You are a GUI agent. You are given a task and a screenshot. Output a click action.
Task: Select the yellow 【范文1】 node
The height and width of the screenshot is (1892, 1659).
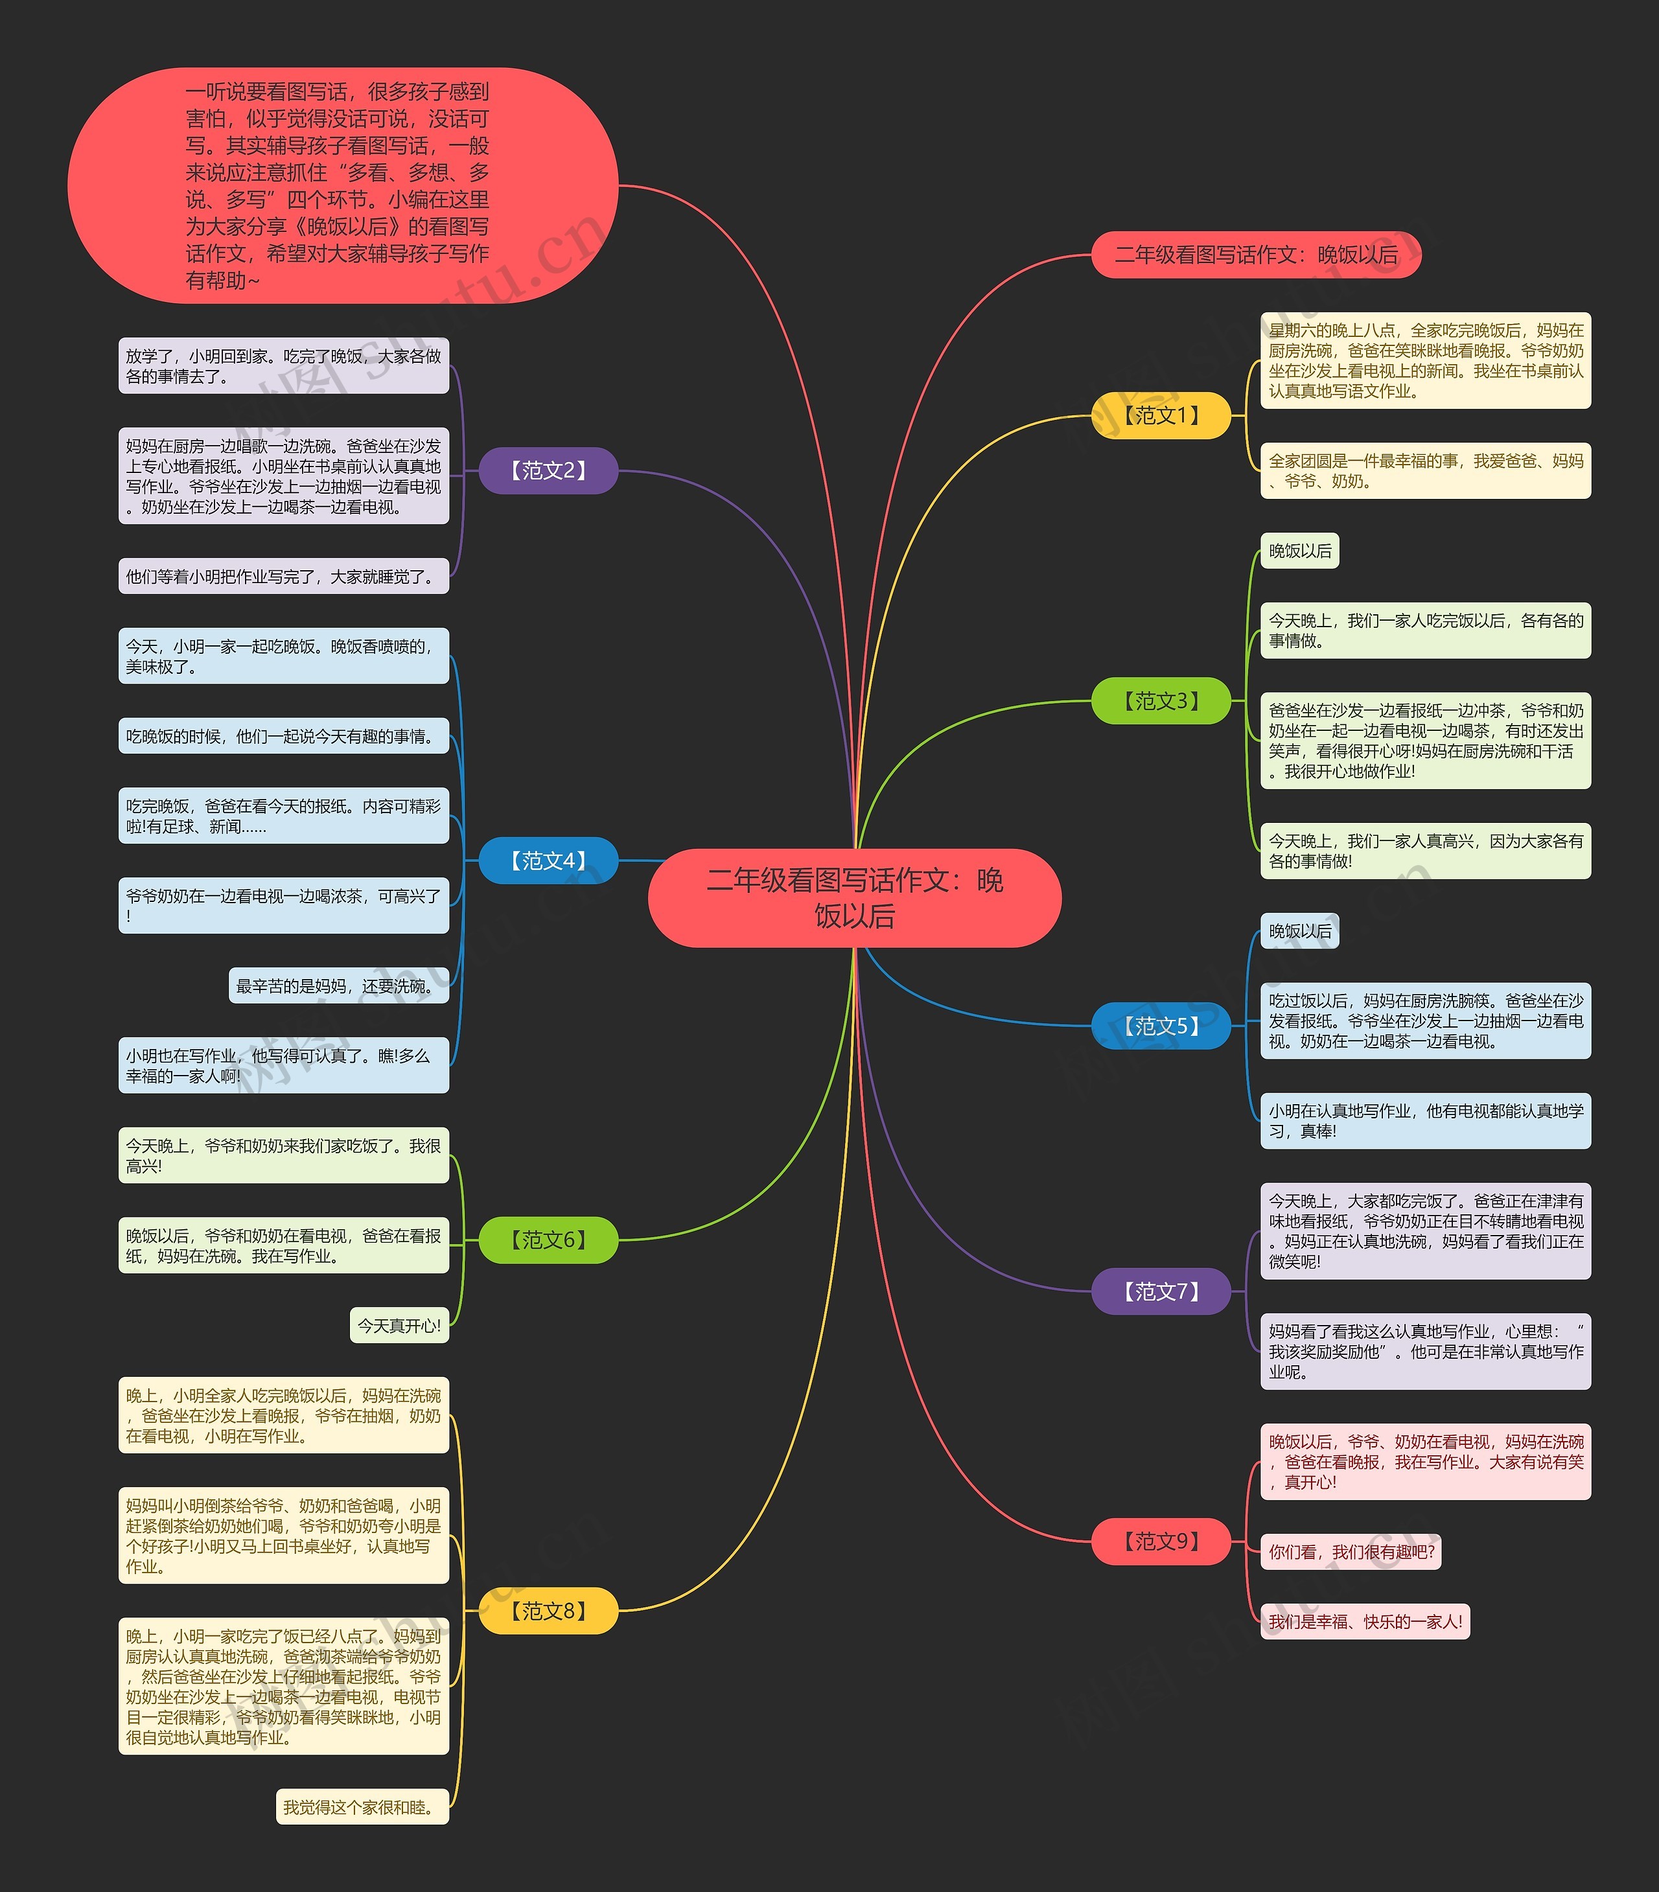click(x=1161, y=415)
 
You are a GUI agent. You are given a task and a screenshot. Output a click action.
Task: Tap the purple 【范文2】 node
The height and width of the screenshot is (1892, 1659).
click(x=548, y=470)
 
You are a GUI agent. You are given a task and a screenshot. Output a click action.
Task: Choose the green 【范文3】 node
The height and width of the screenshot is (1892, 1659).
click(x=1161, y=700)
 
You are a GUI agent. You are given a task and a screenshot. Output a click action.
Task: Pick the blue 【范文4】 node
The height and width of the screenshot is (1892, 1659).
click(x=548, y=861)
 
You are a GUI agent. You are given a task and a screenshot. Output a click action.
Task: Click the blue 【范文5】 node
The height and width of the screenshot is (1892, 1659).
click(x=1161, y=1026)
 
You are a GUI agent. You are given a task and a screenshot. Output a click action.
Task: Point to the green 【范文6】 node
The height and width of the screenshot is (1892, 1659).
click(x=548, y=1240)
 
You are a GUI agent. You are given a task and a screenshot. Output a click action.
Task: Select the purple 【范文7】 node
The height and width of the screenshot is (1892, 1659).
click(x=1161, y=1291)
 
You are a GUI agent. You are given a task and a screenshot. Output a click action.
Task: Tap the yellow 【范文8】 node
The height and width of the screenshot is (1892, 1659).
click(x=548, y=1611)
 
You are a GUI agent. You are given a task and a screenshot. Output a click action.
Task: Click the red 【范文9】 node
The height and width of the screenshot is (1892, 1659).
click(x=1161, y=1541)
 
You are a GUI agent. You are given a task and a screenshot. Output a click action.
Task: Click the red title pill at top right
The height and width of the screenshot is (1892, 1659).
click(x=1255, y=255)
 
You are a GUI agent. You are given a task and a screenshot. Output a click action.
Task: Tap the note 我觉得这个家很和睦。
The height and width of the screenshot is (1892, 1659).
click(x=362, y=1807)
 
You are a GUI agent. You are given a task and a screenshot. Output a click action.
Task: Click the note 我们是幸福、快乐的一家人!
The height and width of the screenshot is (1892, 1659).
click(x=1365, y=1622)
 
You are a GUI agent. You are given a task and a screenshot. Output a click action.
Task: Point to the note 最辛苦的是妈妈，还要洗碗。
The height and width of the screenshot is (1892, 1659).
click(x=338, y=986)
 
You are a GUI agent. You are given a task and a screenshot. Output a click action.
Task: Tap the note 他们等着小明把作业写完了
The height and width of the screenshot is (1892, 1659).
click(x=283, y=576)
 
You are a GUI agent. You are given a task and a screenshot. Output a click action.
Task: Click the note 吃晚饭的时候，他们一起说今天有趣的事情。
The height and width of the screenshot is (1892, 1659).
click(x=283, y=736)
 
